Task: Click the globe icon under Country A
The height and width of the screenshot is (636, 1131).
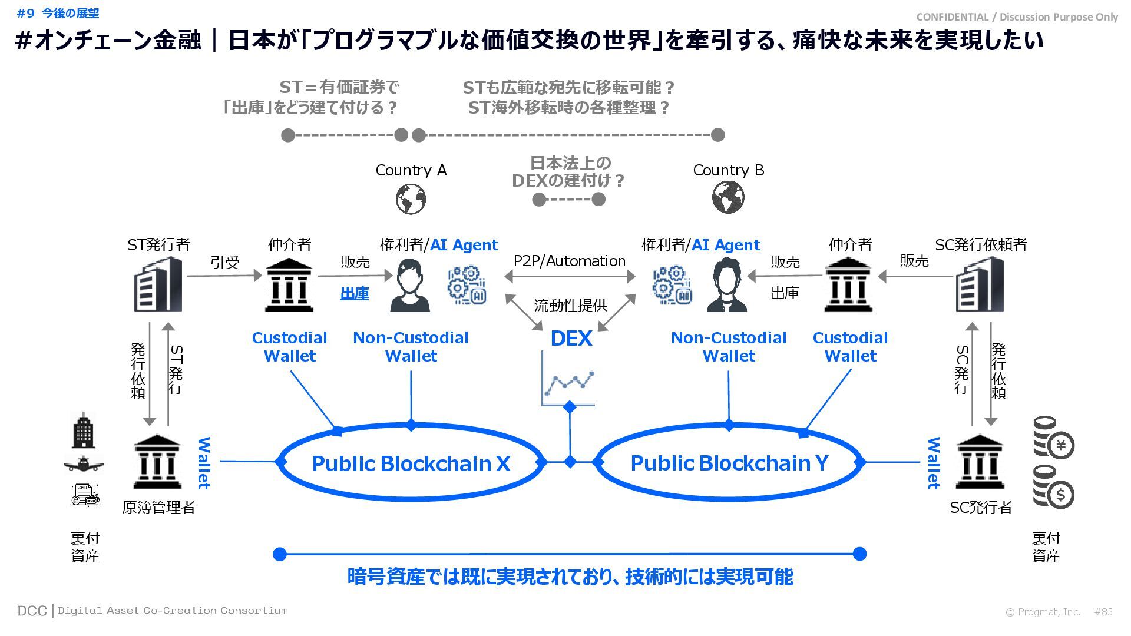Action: click(x=411, y=199)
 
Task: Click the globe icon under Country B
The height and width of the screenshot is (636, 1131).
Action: click(x=728, y=197)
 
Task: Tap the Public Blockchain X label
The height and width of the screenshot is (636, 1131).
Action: click(x=411, y=463)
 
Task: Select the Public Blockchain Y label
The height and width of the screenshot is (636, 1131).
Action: click(x=729, y=463)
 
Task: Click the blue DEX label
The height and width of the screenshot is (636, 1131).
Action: click(x=571, y=339)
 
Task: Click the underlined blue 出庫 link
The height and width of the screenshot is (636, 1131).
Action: click(x=355, y=293)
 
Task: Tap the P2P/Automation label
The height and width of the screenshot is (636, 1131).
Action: click(x=569, y=261)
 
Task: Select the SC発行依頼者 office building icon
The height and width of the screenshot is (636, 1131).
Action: click(x=979, y=285)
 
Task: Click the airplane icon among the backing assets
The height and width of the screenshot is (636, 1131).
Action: click(x=84, y=465)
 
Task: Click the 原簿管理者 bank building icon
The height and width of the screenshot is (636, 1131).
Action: click(x=157, y=463)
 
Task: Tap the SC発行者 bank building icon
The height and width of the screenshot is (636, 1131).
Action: click(x=979, y=463)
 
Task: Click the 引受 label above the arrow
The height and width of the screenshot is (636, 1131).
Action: click(x=225, y=263)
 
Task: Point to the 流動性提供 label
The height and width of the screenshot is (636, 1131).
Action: click(x=570, y=305)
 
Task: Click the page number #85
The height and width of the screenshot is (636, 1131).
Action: click(x=1103, y=612)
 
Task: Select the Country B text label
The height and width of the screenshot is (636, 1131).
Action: click(x=728, y=170)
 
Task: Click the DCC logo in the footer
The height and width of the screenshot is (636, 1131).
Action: click(x=32, y=611)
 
